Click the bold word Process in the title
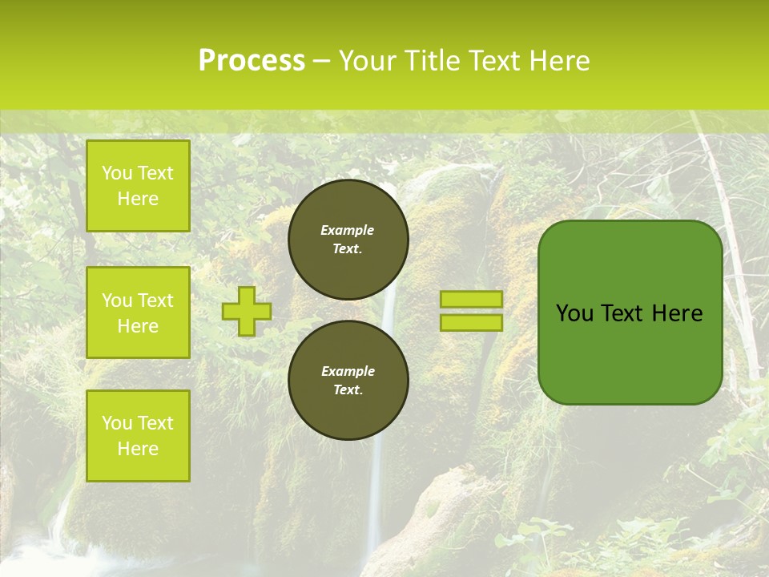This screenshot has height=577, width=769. click(x=252, y=61)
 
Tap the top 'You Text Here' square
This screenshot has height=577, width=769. click(x=138, y=186)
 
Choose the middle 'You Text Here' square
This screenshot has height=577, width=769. click(x=138, y=313)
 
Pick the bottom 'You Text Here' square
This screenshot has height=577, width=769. click(x=138, y=435)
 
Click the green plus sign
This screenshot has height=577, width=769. click(x=247, y=311)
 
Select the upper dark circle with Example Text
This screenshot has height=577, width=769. click(x=348, y=240)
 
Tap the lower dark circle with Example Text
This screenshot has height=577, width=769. click(x=348, y=381)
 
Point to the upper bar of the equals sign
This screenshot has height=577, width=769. click(x=471, y=299)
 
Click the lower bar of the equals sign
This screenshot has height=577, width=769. click(x=471, y=322)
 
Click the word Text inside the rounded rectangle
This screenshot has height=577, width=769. click(x=622, y=313)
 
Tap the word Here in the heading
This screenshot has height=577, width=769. click(x=558, y=61)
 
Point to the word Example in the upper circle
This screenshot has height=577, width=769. click(x=348, y=230)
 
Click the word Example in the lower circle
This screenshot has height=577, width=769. click(x=348, y=371)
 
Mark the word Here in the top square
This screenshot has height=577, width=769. click(x=138, y=199)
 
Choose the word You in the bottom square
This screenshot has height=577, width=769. click(x=117, y=423)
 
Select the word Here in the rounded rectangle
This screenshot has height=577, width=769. click(x=677, y=313)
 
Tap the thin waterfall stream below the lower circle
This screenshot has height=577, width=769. click(x=372, y=497)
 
